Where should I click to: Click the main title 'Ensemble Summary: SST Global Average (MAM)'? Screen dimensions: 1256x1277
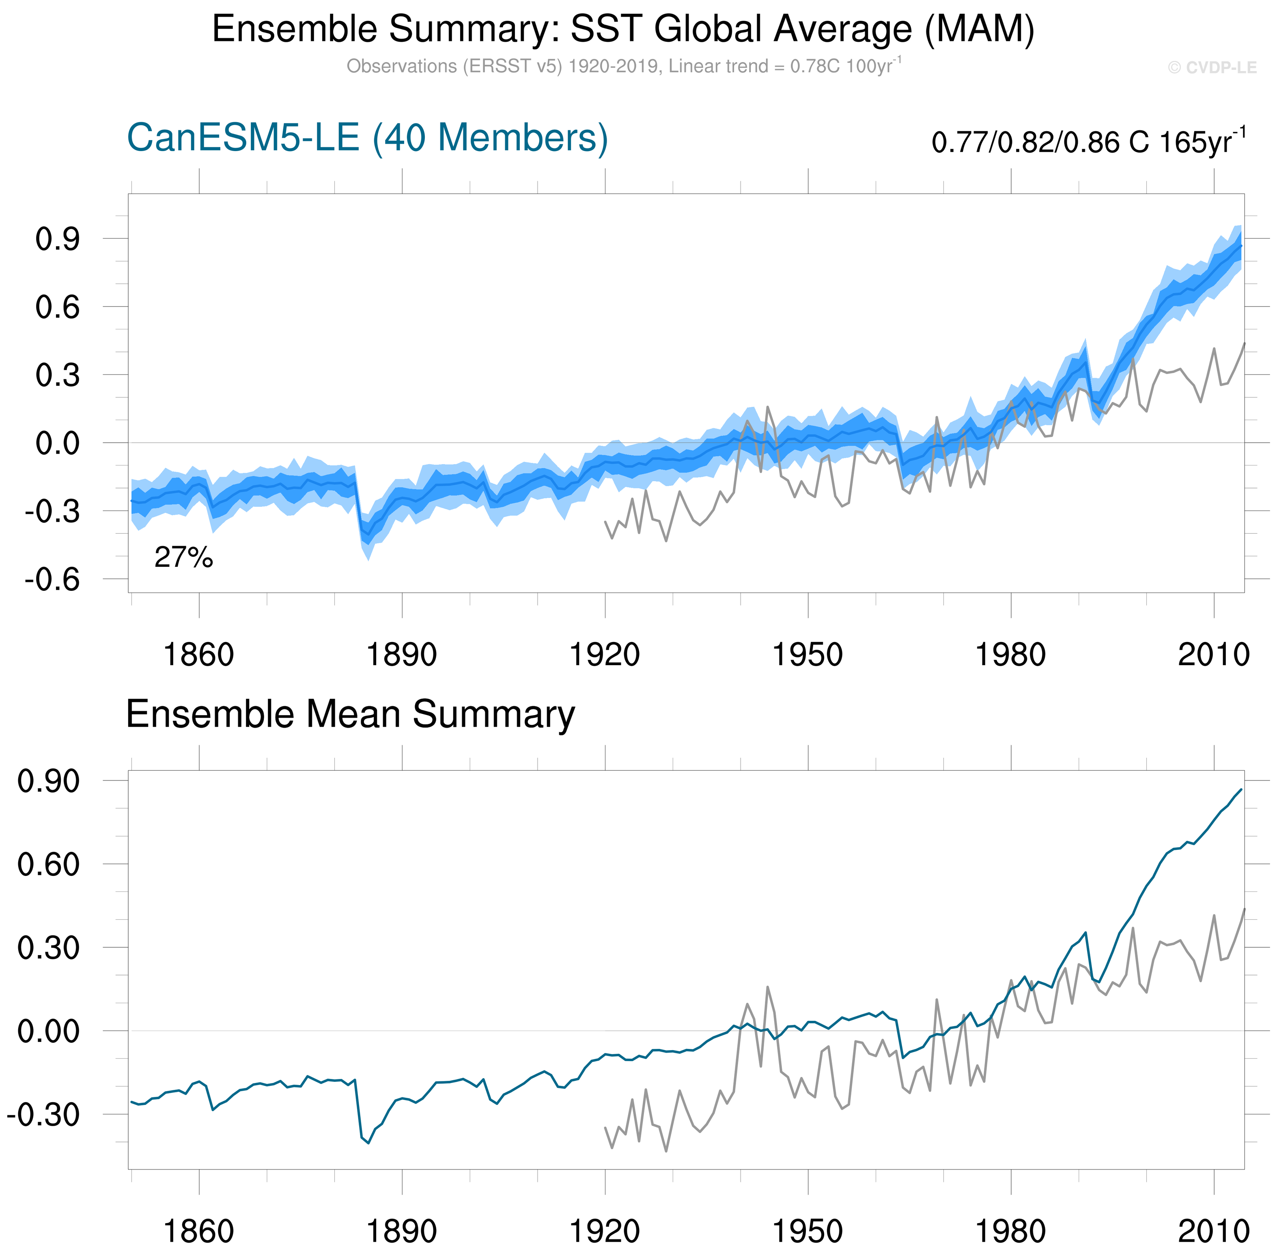click(x=623, y=30)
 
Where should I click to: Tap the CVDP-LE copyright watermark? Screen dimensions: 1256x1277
click(x=1212, y=68)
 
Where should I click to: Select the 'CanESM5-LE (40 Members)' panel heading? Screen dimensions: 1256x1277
click(x=367, y=138)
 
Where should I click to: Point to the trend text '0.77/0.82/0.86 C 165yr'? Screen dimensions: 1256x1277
click(x=1088, y=142)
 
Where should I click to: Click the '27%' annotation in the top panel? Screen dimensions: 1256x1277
click(x=183, y=558)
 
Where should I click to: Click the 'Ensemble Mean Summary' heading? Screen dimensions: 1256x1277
click(x=350, y=714)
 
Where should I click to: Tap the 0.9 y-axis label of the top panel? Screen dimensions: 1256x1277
click(x=57, y=240)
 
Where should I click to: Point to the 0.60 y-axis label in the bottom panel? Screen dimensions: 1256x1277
click(x=48, y=865)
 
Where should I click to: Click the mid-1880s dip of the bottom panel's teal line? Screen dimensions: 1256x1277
click(x=368, y=1143)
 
